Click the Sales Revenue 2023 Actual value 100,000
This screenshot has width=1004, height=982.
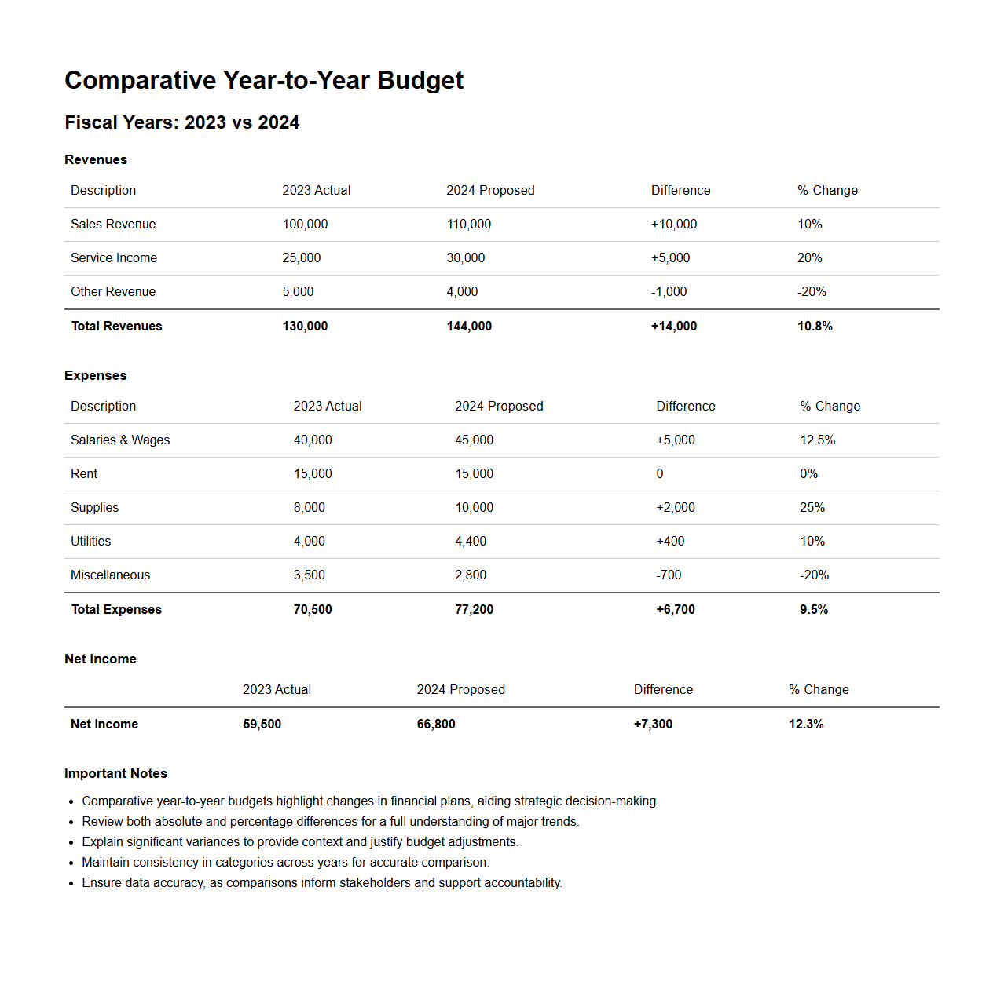point(305,225)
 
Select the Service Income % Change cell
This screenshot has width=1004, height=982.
point(809,258)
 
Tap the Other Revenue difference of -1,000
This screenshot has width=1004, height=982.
point(669,292)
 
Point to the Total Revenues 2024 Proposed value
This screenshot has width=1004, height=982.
point(469,327)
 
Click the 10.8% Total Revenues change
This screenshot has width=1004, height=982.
point(815,327)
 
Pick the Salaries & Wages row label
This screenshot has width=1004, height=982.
point(120,440)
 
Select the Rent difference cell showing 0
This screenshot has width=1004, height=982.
point(660,474)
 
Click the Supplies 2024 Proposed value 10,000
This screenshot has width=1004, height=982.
point(474,508)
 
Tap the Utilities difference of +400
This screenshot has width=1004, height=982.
point(670,542)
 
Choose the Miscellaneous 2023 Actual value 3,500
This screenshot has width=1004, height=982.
point(309,575)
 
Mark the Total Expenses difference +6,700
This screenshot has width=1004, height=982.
point(676,610)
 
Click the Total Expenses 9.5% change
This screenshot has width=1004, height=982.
point(814,610)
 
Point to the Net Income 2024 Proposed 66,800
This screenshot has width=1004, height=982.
point(436,725)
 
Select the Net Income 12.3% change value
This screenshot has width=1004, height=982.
point(806,725)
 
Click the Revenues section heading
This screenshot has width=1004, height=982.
point(96,160)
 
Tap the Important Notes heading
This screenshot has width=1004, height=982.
point(115,774)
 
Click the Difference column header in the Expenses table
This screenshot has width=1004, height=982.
point(686,407)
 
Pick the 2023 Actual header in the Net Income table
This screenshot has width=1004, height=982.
point(277,690)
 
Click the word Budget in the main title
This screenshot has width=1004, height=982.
point(420,81)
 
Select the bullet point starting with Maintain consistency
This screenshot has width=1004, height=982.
point(285,863)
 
